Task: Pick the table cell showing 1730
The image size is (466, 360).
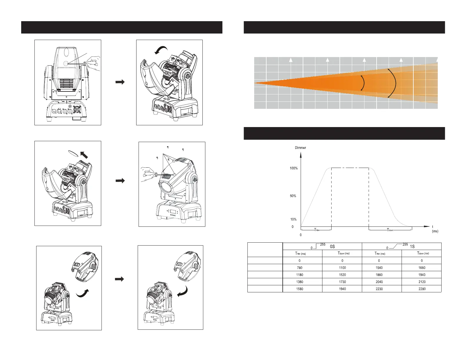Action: tap(342, 281)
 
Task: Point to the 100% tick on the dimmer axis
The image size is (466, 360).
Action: tap(294, 168)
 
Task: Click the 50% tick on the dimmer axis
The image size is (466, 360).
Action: tap(293, 196)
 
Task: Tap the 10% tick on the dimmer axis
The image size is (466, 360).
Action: tap(293, 219)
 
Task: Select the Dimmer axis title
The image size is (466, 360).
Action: tap(300, 148)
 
